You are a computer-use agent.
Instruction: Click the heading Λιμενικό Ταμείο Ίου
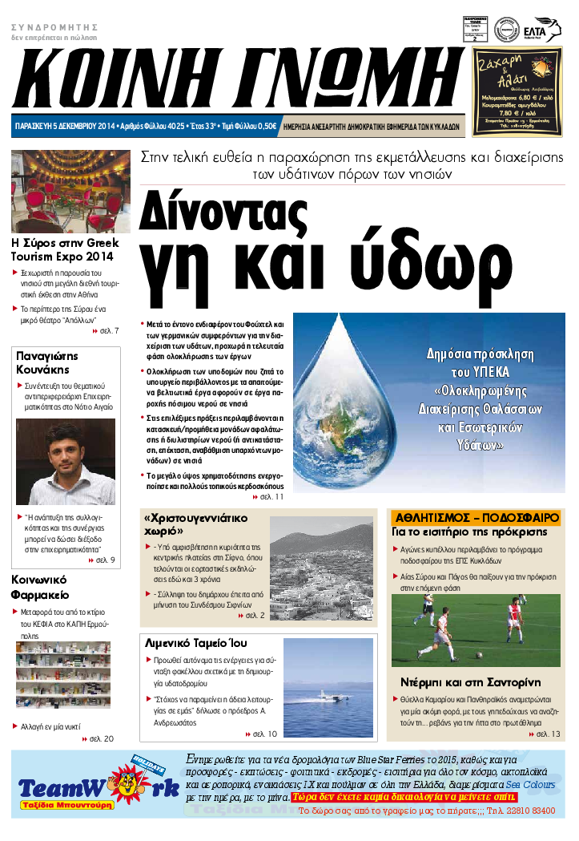click(196, 643)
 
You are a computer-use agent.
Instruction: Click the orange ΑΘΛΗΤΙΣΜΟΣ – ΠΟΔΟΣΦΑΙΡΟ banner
click(476, 517)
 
